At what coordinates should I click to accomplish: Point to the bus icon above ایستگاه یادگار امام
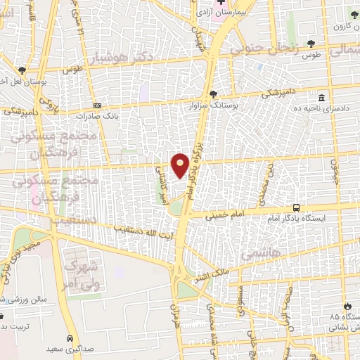pyautogui.click(x=296, y=208)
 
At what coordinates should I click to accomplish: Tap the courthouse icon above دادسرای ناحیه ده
pyautogui.click(x=321, y=98)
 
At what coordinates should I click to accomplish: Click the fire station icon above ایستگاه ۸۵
pyautogui.click(x=347, y=306)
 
